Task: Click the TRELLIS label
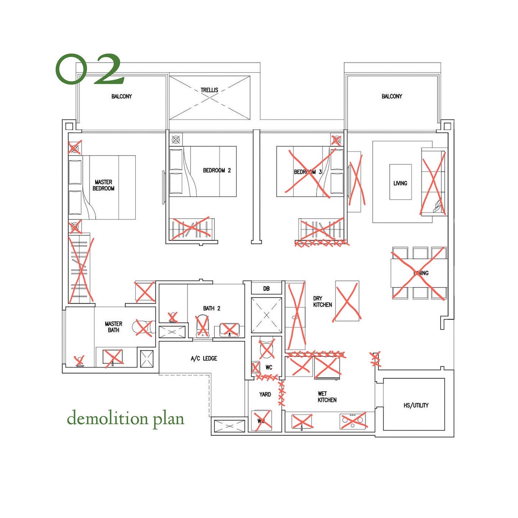209,90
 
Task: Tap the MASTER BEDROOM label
104,185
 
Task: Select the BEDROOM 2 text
217,170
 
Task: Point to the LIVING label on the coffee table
400,183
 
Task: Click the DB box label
266,288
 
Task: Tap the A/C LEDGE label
204,358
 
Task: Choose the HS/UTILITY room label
416,405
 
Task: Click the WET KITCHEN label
327,397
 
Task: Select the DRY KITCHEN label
322,301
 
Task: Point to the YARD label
265,394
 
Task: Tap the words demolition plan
126,418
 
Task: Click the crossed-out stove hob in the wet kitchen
353,421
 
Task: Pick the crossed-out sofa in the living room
433,183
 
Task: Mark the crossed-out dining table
419,273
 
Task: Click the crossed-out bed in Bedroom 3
309,172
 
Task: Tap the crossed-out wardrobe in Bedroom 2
191,228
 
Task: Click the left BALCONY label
122,96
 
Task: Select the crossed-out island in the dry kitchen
347,301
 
